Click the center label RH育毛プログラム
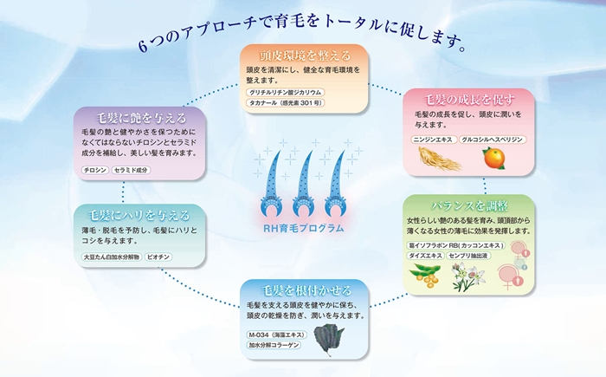pyautogui.click(x=303, y=227)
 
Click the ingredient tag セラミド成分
pyautogui.click(x=132, y=170)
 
